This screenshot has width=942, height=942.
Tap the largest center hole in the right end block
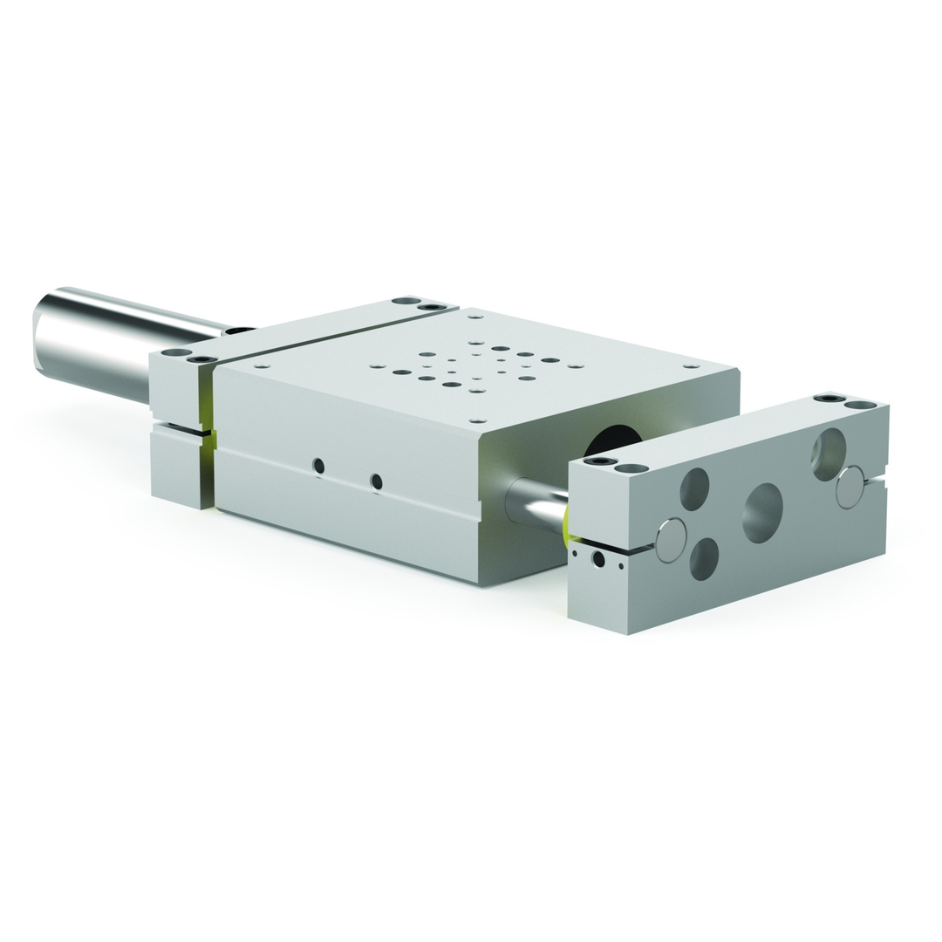[x=762, y=512]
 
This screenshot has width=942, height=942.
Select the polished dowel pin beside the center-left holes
[x=670, y=540]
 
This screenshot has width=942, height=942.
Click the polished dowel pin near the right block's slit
[x=850, y=488]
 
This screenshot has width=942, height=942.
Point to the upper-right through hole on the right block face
[x=828, y=454]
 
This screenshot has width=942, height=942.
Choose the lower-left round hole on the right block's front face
[x=704, y=559]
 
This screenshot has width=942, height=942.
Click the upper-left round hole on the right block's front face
[x=694, y=488]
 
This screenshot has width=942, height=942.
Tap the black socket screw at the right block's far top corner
[x=829, y=399]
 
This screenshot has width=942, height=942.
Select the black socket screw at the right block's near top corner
[x=600, y=461]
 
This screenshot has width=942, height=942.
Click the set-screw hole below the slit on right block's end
[x=598, y=560]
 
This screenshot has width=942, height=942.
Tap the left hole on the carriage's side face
[x=319, y=466]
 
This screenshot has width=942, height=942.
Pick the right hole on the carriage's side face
[x=376, y=481]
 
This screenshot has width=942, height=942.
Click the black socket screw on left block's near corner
[x=203, y=359]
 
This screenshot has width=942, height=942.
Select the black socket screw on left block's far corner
[x=429, y=307]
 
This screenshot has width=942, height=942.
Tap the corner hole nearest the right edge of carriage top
[x=690, y=367]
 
